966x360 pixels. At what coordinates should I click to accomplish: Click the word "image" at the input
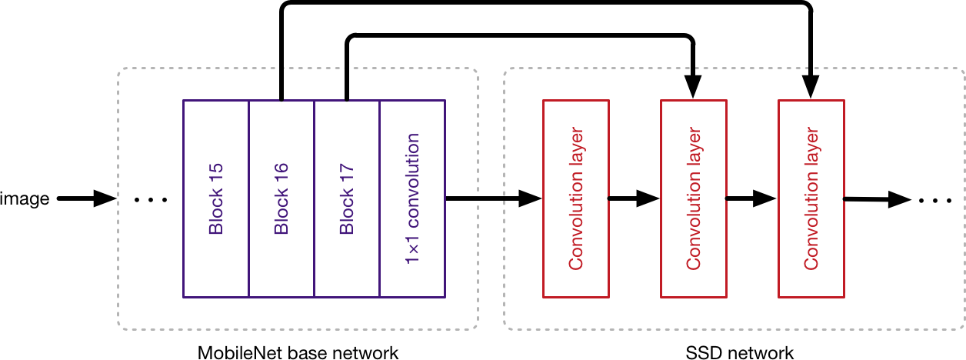pos(25,199)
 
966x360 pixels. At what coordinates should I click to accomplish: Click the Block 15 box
pos(215,198)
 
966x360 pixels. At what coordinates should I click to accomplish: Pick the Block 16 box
pos(281,198)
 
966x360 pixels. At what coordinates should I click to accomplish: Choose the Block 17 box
pos(347,198)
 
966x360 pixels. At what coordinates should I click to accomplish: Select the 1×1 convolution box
pos(413,198)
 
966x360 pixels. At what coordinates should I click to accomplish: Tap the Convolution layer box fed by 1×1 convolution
pos(575,198)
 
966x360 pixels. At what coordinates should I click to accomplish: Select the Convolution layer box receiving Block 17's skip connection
pos(694,198)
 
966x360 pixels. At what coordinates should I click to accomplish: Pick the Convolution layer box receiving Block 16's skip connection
pos(811,198)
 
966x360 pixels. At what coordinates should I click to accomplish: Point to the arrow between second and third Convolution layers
pos(751,199)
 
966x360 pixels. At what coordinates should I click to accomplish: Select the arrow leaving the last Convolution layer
pos(877,200)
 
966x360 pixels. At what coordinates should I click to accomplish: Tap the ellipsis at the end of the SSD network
pos(936,200)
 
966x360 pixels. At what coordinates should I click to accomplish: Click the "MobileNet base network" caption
pos(298,353)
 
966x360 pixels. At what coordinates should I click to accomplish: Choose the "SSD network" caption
pos(739,353)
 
